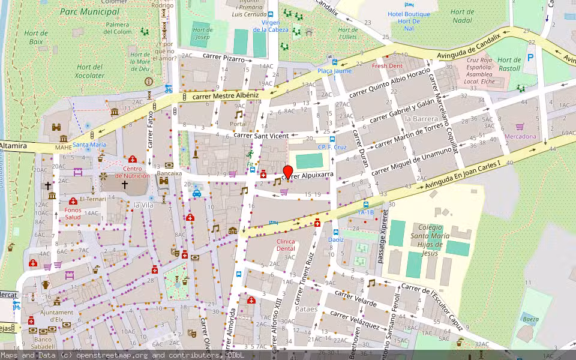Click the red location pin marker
pyautogui.click(x=287, y=172)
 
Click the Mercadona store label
pyautogui.click(x=520, y=136)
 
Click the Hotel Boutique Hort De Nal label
pyautogui.click(x=409, y=21)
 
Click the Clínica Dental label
pyautogui.click(x=286, y=245)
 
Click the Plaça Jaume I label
pyautogui.click(x=334, y=74)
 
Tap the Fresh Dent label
pyautogui.click(x=387, y=66)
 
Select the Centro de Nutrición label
pyautogui.click(x=133, y=172)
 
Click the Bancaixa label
pyautogui.click(x=169, y=173)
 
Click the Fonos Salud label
pyautogui.click(x=73, y=214)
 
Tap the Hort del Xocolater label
pyautogui.click(x=91, y=71)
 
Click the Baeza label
pyautogui.click(x=530, y=320)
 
